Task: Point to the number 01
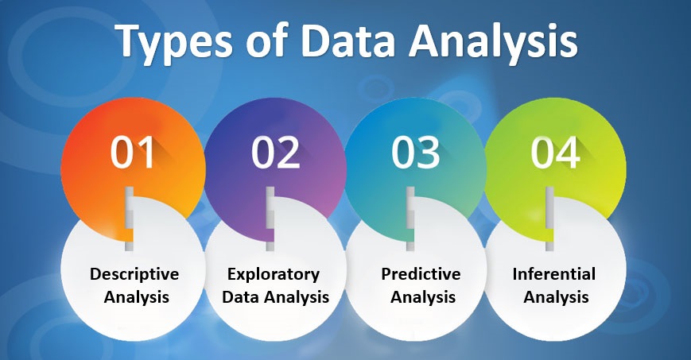(x=132, y=152)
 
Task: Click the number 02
(x=275, y=152)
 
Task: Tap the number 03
(x=415, y=152)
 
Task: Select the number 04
(x=555, y=152)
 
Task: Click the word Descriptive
(x=134, y=274)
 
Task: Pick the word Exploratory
(x=274, y=274)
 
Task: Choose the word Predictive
(x=421, y=274)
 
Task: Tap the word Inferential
(x=554, y=274)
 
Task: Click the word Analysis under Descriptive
(x=136, y=297)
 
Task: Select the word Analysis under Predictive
(x=423, y=297)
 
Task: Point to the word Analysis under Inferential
(x=556, y=297)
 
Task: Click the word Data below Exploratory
(x=241, y=297)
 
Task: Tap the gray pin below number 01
(x=129, y=219)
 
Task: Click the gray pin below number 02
(x=270, y=219)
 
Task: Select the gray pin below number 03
(x=410, y=219)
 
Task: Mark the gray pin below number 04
(x=549, y=219)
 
